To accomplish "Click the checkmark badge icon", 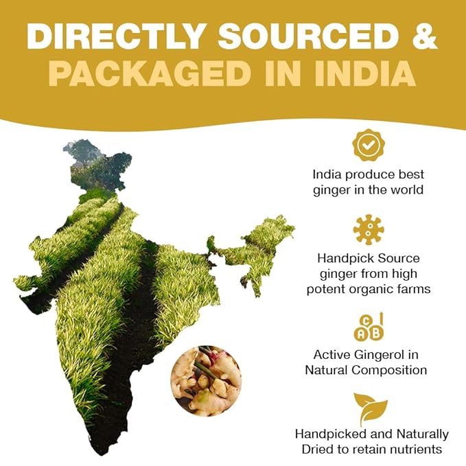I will click(369, 145).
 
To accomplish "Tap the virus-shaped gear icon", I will click(369, 230).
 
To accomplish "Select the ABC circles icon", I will click(369, 327).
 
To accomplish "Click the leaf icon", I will click(369, 410).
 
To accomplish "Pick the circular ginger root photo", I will click(206, 380).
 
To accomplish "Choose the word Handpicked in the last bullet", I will click(327, 434).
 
